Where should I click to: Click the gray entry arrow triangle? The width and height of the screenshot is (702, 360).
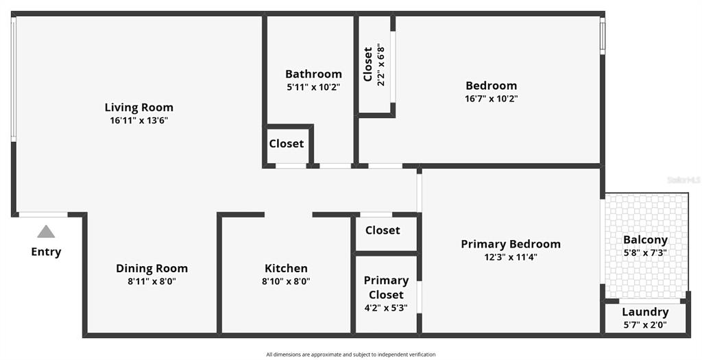(46, 232)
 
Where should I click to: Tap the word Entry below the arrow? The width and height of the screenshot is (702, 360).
(46, 252)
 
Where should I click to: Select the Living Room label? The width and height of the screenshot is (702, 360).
(138, 108)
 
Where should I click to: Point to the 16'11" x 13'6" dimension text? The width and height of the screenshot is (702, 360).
(138, 121)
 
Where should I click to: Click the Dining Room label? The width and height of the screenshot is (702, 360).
(152, 268)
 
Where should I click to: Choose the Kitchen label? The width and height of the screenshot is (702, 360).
(286, 268)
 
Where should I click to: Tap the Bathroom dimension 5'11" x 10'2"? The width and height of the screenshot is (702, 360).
(313, 87)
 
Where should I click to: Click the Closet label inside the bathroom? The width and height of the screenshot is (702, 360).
(287, 144)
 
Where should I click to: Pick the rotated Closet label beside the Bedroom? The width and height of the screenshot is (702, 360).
(368, 64)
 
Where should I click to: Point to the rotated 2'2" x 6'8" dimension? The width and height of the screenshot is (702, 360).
(381, 64)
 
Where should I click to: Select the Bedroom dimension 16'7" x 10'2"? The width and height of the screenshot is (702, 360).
(491, 99)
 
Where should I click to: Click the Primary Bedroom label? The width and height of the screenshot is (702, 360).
(511, 244)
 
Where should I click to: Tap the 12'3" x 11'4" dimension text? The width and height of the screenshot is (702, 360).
(511, 257)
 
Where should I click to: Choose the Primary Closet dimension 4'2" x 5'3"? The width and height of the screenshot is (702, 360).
(386, 308)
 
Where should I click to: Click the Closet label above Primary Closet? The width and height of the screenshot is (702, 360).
(383, 230)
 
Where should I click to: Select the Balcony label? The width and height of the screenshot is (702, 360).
(645, 239)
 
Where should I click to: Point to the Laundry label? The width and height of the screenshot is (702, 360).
(645, 311)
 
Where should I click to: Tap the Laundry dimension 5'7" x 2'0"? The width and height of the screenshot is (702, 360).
(645, 325)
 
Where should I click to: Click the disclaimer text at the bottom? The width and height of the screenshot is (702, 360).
(350, 355)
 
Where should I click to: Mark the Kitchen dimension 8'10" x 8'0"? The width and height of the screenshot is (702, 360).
(286, 281)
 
